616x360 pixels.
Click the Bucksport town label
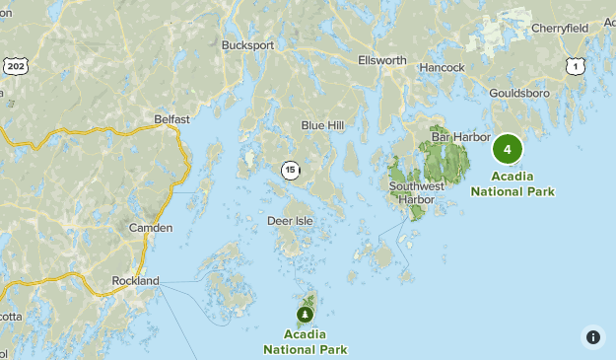tap(246, 44)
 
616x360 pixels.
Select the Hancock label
tap(442, 67)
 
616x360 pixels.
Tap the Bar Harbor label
tap(460, 137)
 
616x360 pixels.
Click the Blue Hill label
tap(322, 125)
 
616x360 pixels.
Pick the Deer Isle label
tap(290, 221)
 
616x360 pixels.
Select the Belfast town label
tap(171, 119)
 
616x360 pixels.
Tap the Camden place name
tap(151, 228)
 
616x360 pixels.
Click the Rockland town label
tap(135, 281)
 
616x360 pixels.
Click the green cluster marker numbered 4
tap(508, 150)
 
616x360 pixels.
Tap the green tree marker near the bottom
tap(306, 314)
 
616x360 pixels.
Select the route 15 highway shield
tap(290, 170)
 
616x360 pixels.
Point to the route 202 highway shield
tap(15, 65)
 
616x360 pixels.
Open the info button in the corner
tap(592, 336)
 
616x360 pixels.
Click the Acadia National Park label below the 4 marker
tap(513, 184)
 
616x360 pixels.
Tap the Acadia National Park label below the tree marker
tap(306, 342)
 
